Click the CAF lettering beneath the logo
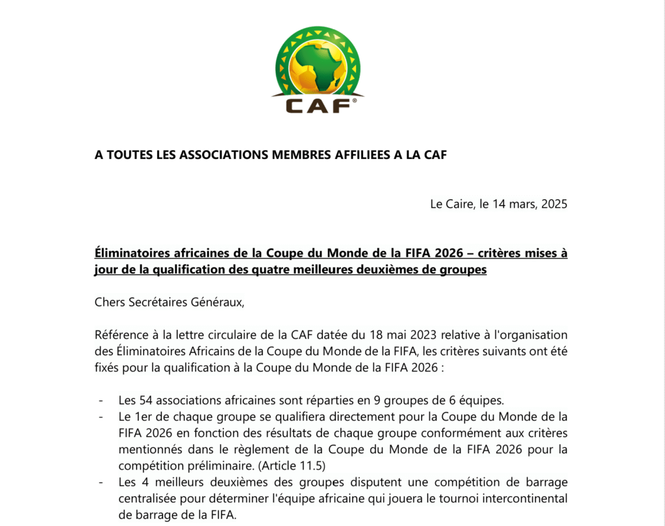(x=318, y=105)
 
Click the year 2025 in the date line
(x=554, y=204)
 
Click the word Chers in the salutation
(x=110, y=302)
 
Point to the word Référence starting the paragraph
(x=121, y=335)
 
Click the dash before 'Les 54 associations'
(x=101, y=400)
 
